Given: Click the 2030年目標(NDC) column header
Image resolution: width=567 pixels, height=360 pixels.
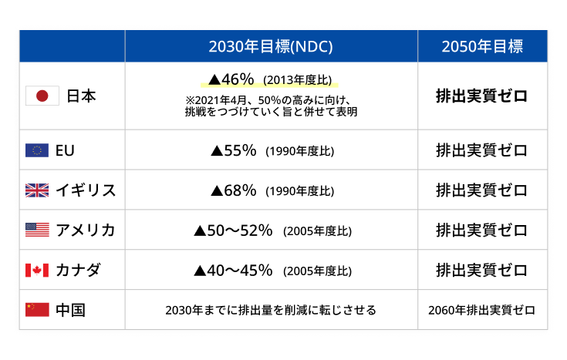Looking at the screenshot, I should [x=270, y=46].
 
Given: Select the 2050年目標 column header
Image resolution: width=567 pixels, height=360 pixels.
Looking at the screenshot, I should [x=482, y=46].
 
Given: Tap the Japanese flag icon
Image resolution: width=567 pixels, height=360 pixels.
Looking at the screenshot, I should [x=42, y=96].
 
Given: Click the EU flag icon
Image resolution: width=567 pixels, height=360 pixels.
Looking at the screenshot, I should [x=37, y=150].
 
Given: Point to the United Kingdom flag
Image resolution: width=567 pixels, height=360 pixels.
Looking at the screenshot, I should [x=37, y=190].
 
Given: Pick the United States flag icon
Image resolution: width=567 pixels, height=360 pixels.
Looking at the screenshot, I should [x=37, y=230].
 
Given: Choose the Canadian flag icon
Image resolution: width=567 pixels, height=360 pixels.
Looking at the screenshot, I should [x=37, y=270].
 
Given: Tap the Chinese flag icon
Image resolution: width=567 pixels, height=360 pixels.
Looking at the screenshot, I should [x=37, y=310].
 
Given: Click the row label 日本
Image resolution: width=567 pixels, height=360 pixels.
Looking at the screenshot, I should [x=81, y=96].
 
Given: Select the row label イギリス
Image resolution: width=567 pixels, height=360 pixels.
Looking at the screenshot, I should [x=85, y=190].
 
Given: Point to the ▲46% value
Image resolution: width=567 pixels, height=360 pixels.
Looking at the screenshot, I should [x=231, y=79].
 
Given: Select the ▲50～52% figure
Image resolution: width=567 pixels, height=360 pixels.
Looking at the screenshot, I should [x=233, y=230].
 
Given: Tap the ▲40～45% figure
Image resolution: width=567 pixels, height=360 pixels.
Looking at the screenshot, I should [x=233, y=270].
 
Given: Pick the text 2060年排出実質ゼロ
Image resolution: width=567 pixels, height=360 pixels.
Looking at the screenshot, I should [x=482, y=310].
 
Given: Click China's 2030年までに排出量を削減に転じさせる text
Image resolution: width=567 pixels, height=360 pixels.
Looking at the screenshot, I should [x=271, y=310].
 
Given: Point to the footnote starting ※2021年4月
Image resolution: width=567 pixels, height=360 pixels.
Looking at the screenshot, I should [x=271, y=106].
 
